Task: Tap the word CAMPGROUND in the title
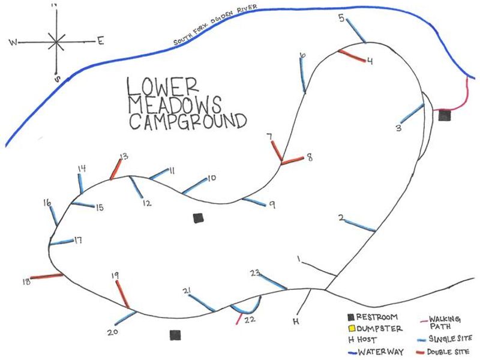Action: [x=188, y=122]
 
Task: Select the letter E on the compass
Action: [x=100, y=41]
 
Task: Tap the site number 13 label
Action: [x=124, y=157]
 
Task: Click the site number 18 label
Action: [x=25, y=281]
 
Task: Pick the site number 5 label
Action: [x=341, y=19]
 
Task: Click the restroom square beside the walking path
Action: [x=444, y=115]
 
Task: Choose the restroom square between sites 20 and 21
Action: [x=175, y=335]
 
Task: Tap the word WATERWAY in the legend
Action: [x=380, y=352]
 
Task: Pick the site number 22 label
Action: [x=250, y=319]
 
